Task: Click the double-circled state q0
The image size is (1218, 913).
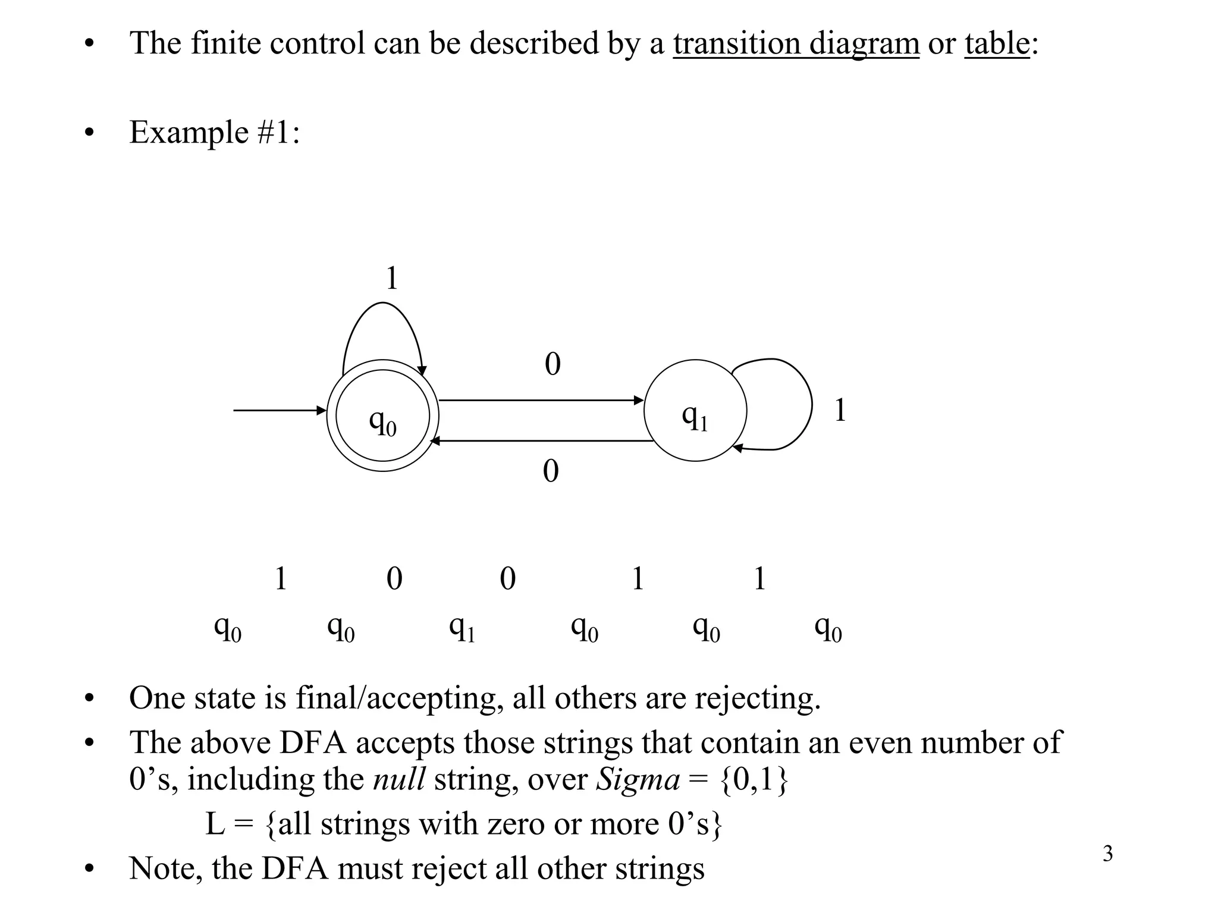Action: tap(382, 415)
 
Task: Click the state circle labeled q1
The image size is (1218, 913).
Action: tap(695, 411)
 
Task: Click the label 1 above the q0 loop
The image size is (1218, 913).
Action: tap(391, 278)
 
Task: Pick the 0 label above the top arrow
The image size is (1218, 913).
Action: tap(553, 364)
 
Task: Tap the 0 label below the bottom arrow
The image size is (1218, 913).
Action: tap(551, 471)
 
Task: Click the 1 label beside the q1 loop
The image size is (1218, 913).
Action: tap(840, 410)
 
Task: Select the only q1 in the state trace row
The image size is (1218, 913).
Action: tap(462, 629)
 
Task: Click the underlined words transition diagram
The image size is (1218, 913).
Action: tap(796, 43)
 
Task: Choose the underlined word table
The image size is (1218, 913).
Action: tap(997, 43)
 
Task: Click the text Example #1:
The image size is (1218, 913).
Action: tap(214, 132)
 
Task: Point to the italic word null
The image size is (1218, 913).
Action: tap(398, 779)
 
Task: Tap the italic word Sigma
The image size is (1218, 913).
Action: tap(638, 779)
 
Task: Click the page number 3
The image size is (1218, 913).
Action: tap(1107, 854)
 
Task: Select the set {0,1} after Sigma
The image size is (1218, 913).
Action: tap(754, 779)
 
